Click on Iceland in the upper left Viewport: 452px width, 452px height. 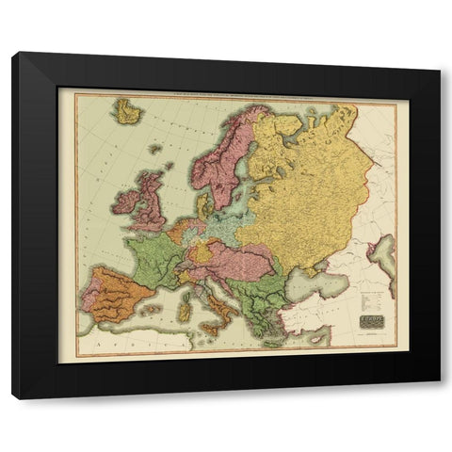point(126,111)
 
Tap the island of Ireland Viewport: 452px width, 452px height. point(123,202)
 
